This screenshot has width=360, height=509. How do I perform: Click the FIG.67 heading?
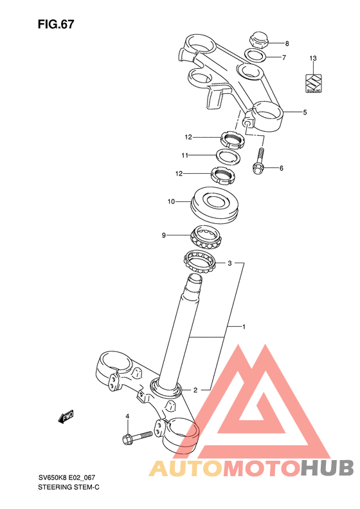[56, 24]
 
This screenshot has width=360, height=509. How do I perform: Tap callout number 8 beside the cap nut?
[287, 44]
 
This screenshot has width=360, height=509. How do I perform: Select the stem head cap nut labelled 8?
[258, 41]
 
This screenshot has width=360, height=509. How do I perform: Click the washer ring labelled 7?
[256, 55]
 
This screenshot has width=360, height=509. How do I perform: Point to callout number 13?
[312, 59]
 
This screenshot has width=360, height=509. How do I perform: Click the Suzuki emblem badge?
[314, 84]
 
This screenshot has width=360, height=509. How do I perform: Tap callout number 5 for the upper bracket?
[305, 113]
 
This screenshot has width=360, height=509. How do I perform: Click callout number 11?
[185, 156]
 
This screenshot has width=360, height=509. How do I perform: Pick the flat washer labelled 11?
[228, 156]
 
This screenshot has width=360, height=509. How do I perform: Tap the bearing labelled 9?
[206, 237]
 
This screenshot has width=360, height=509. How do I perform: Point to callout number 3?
[230, 263]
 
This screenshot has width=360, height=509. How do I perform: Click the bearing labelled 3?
[199, 261]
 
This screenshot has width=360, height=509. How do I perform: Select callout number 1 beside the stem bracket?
[244, 327]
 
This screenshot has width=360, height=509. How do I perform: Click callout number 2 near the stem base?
[195, 390]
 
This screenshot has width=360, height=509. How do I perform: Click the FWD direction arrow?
[66, 417]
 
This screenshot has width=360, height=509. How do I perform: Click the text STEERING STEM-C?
[69, 487]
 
